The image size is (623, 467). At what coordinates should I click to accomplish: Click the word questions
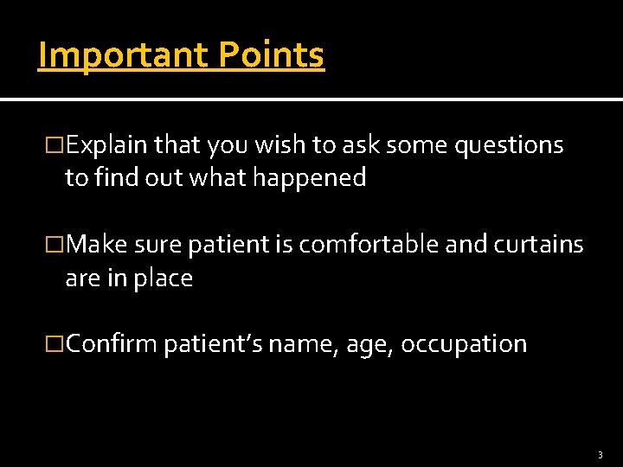(x=509, y=145)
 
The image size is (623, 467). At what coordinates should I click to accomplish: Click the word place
(x=165, y=278)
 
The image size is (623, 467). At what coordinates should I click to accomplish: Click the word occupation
(x=464, y=344)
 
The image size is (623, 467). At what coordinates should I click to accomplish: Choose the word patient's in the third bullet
(x=212, y=344)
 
